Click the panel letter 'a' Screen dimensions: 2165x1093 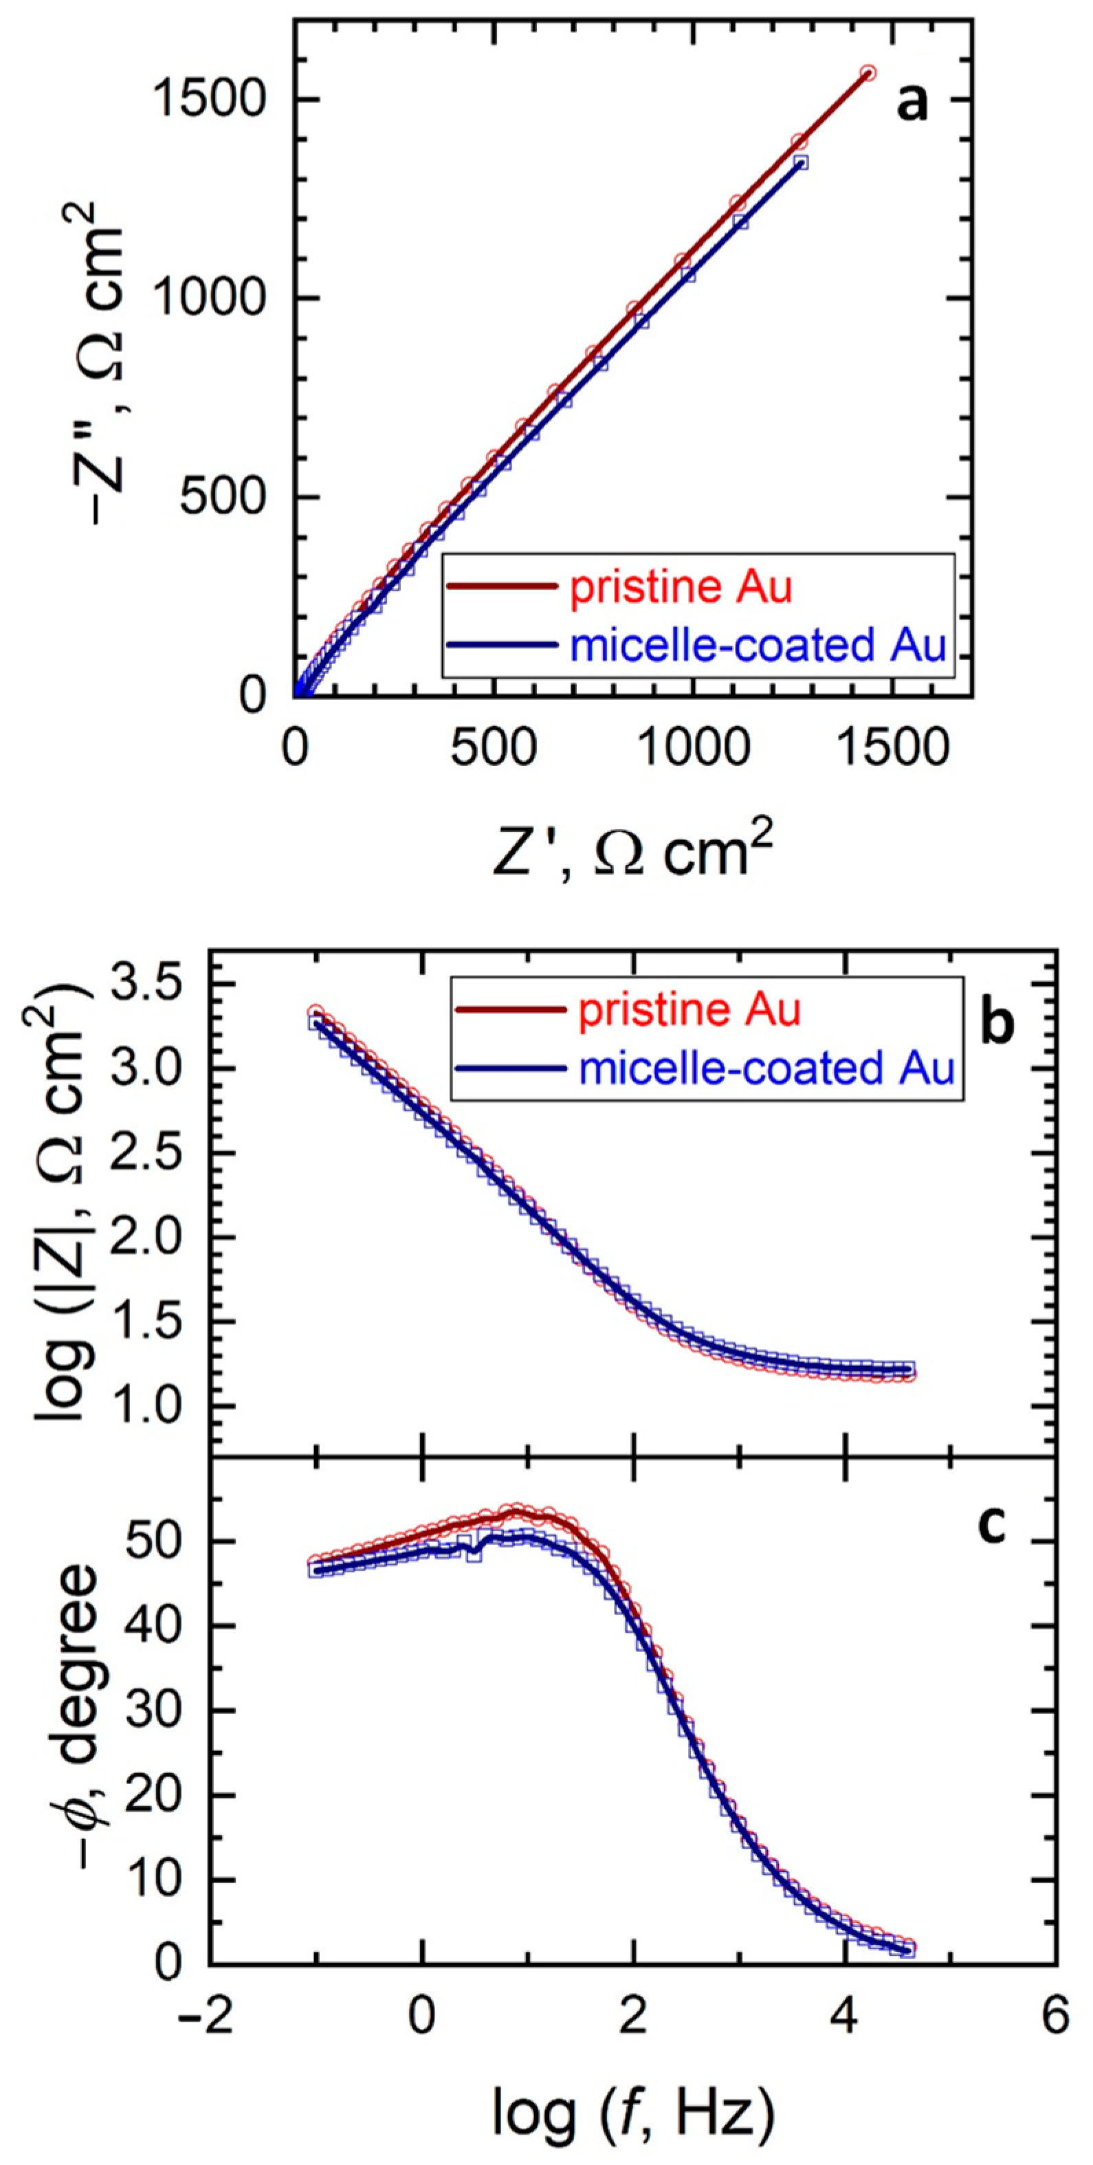(x=912, y=105)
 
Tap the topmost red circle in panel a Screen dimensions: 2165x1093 (x=868, y=73)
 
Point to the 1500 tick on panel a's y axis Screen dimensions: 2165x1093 (x=210, y=100)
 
